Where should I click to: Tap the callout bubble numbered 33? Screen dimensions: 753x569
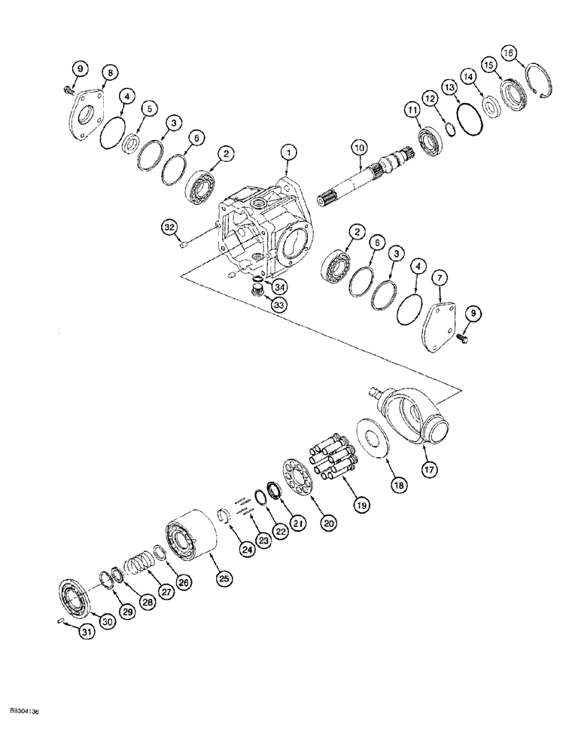pos(258,306)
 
